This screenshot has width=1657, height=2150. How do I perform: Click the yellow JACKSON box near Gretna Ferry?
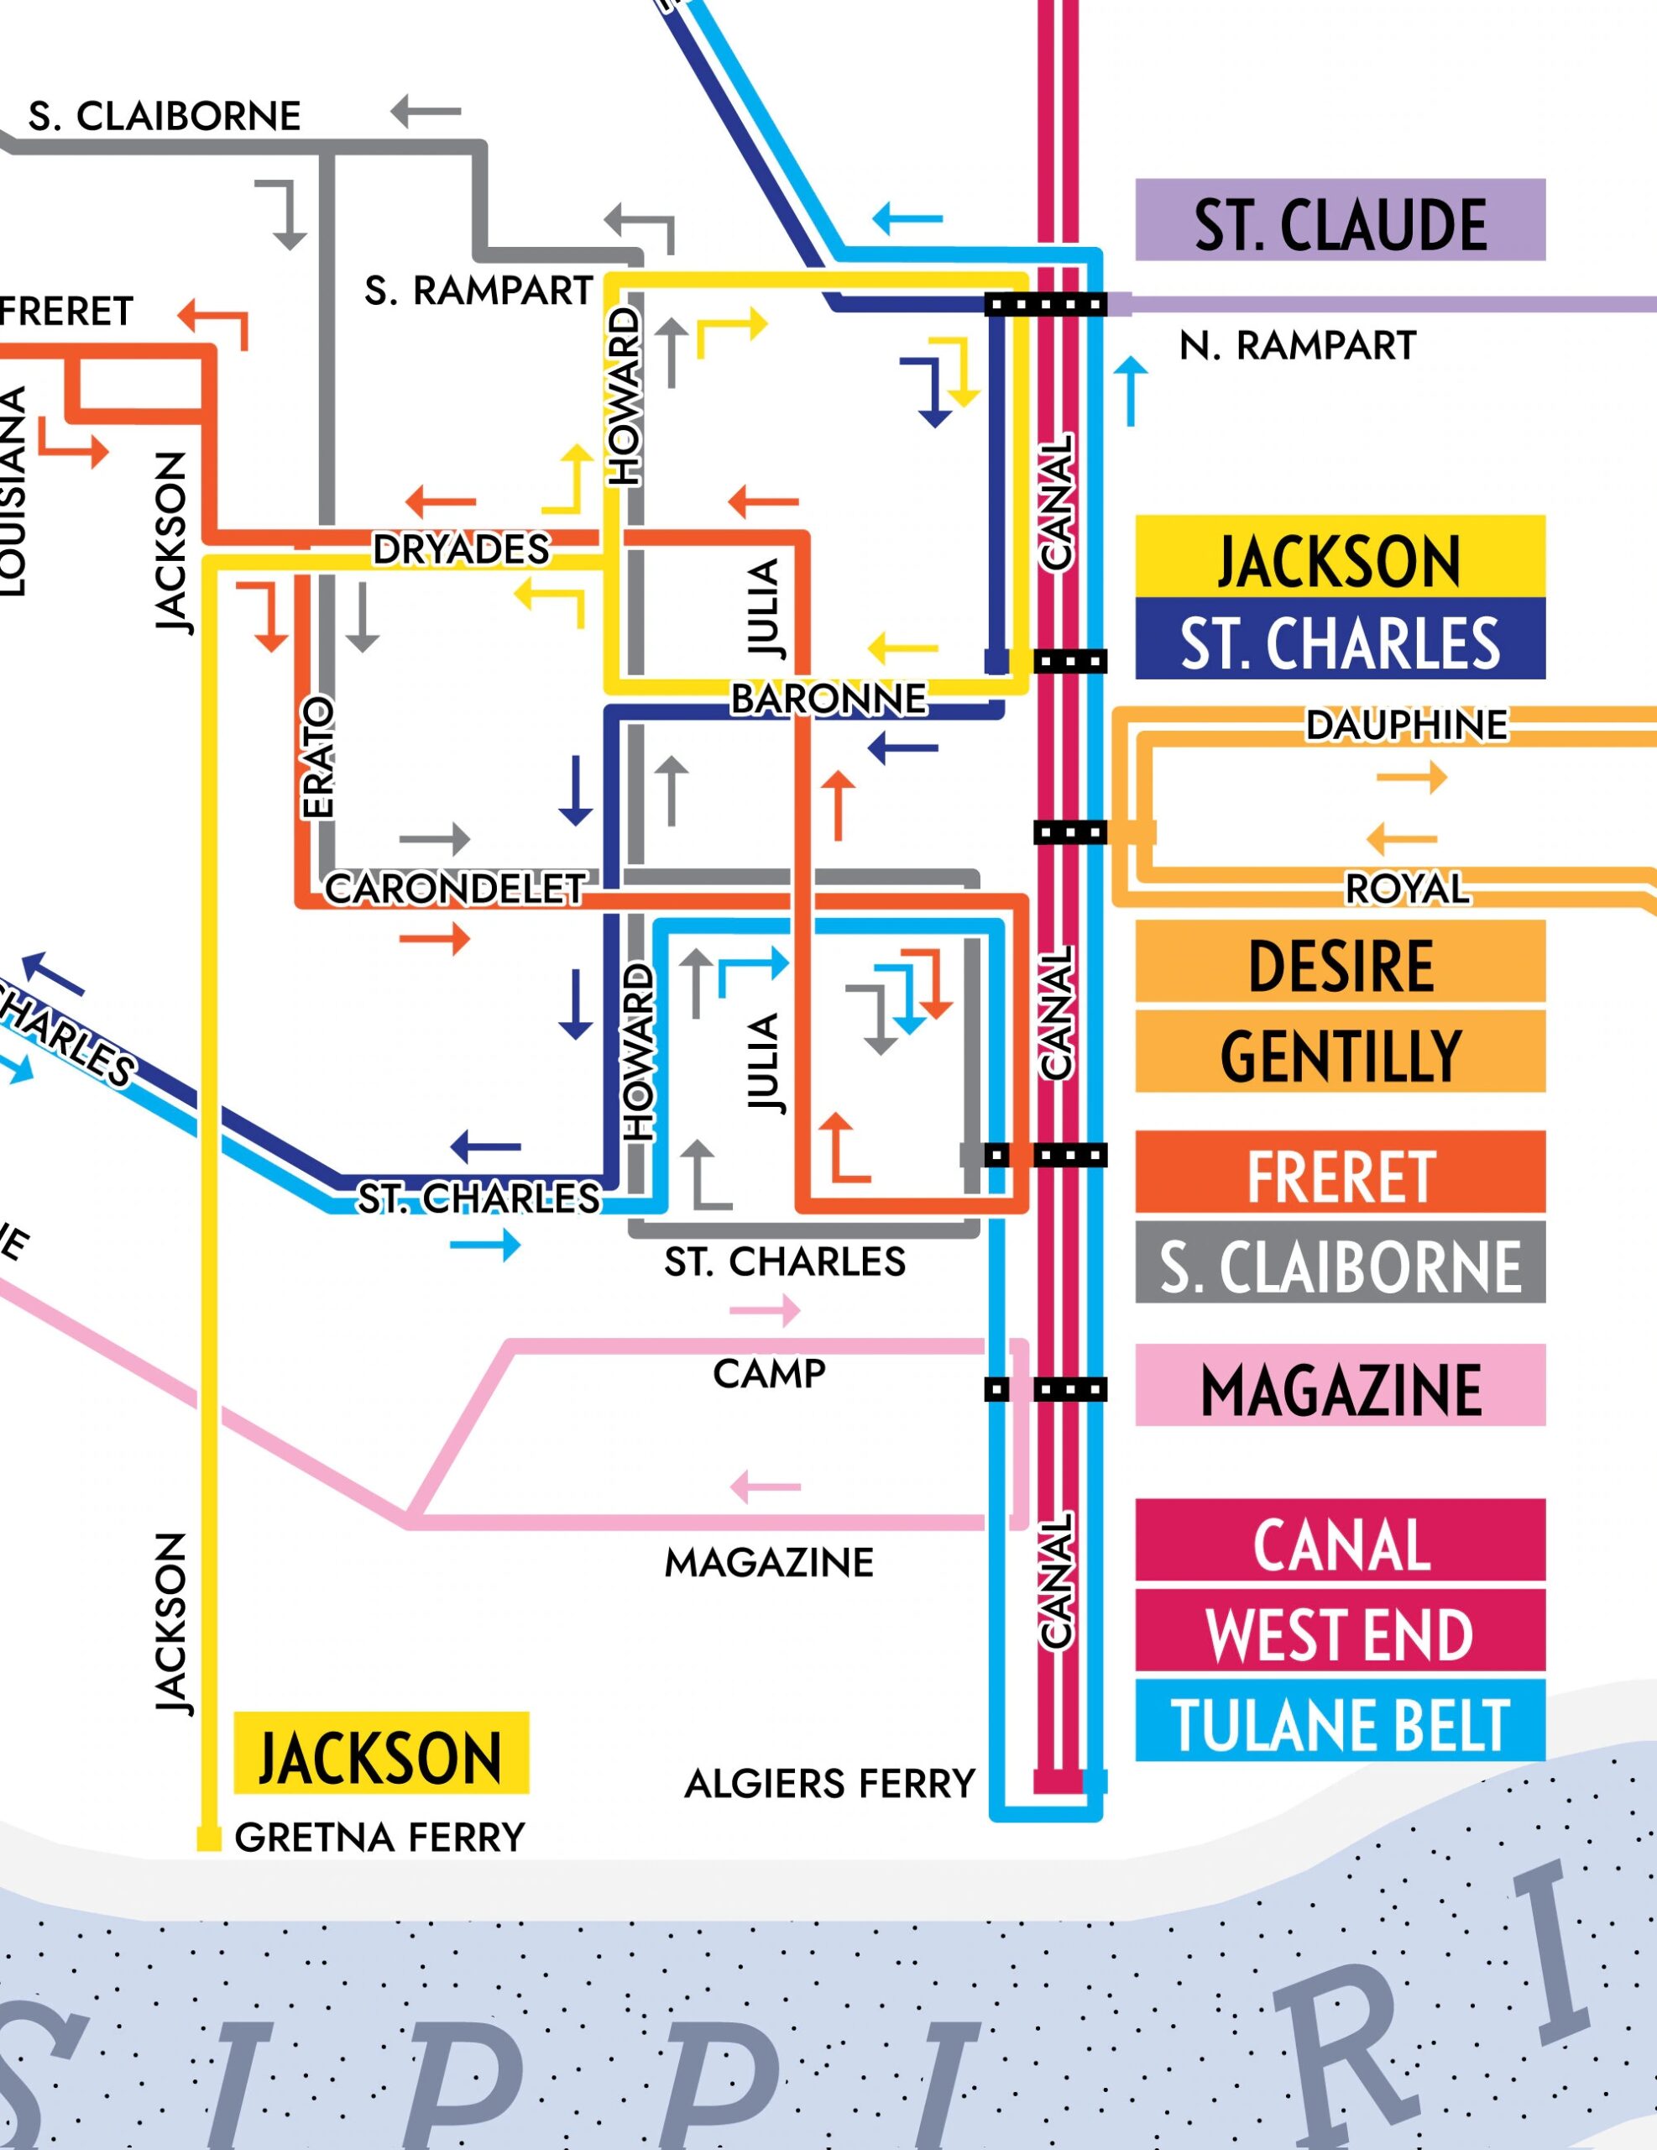381,1754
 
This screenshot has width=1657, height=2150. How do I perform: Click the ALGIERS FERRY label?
829,1783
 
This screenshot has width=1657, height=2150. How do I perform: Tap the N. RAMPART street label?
1297,345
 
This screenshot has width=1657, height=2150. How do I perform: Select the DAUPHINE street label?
1406,726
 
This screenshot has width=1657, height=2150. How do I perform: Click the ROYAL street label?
1407,889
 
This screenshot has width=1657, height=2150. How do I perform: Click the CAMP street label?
770,1374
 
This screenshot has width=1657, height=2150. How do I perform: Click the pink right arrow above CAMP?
766,1311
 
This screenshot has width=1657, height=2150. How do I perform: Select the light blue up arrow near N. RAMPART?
1131,392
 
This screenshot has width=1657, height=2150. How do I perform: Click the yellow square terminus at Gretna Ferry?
207,1838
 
